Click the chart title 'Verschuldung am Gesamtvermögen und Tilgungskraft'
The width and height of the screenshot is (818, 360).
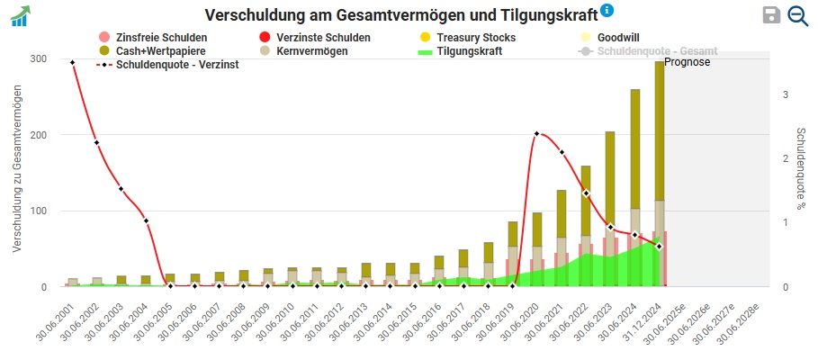coord(400,15)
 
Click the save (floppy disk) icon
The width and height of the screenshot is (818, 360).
coord(771,14)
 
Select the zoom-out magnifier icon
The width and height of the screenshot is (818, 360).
coord(797,14)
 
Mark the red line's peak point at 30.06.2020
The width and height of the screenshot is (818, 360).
coord(537,134)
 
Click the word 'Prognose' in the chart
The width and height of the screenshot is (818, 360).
coord(688,62)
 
